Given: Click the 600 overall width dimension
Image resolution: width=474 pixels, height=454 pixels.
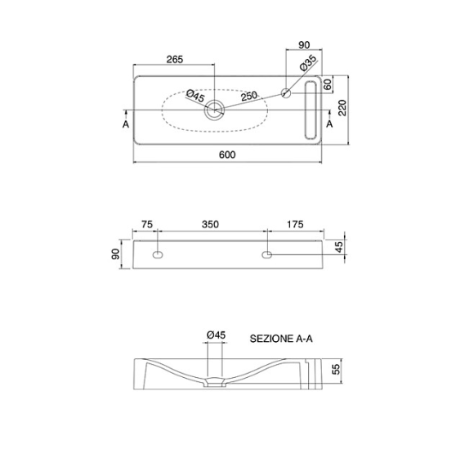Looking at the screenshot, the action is click(x=227, y=155).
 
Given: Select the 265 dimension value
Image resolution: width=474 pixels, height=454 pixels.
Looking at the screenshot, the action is click(x=175, y=60).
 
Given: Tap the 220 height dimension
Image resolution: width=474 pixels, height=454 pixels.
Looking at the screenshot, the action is click(x=342, y=108).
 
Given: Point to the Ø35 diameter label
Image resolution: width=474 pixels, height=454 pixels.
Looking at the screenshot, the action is click(x=308, y=63).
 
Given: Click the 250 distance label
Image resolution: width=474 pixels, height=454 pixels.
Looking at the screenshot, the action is click(x=249, y=97).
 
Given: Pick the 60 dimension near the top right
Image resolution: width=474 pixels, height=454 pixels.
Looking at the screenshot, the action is click(x=328, y=84).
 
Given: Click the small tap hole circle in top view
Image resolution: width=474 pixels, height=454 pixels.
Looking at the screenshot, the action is click(x=286, y=93).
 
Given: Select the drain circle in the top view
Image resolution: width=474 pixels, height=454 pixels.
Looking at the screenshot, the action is click(x=214, y=110).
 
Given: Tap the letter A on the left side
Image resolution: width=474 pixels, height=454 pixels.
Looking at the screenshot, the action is click(x=126, y=124).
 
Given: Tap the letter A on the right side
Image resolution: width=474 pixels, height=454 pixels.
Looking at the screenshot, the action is click(x=329, y=124).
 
